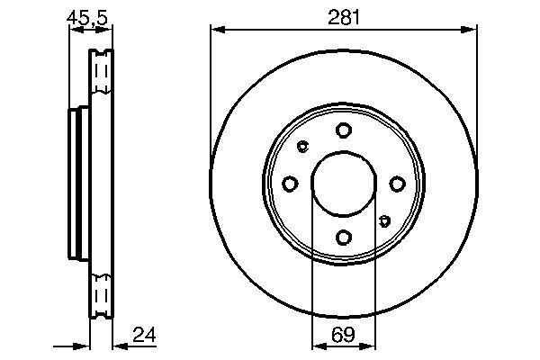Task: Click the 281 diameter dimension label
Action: click(343, 15)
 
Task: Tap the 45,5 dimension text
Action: click(87, 15)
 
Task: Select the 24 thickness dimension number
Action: click(144, 336)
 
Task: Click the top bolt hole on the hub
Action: click(343, 130)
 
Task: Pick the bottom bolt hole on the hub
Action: click(343, 237)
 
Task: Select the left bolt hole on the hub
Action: click(290, 184)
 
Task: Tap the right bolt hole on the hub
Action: click(396, 184)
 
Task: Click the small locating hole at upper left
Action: click(302, 147)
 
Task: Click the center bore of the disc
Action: click(343, 184)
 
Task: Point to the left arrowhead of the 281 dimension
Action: click(216, 30)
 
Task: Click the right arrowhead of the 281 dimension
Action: click(470, 30)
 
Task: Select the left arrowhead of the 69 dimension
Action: click(317, 346)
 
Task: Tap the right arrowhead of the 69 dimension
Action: click(369, 346)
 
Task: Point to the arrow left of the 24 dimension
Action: click(83, 346)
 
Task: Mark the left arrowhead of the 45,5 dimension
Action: click(74, 30)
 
